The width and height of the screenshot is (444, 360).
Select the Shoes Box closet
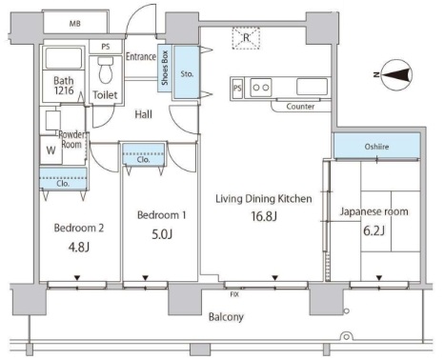point(166,68)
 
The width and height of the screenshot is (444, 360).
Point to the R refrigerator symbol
point(245,38)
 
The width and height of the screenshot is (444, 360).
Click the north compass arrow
point(395,72)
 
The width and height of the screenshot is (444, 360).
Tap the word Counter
point(302,107)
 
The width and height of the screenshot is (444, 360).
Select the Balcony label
point(227,316)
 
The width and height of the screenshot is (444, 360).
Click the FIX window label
point(234,294)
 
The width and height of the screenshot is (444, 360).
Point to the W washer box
point(50,150)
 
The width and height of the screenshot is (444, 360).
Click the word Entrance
point(142,57)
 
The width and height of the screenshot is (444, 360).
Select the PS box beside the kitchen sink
point(236,89)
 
